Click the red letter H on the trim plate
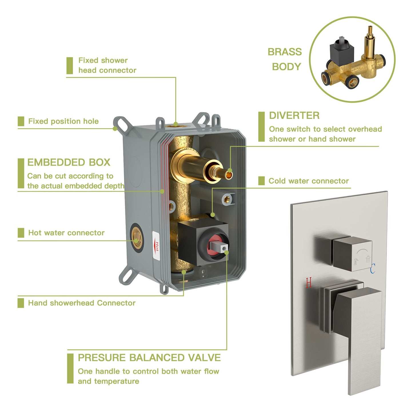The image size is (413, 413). tap(309, 282)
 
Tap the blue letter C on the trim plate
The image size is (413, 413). tap(373, 269)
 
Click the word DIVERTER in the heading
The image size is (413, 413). tap(294, 115)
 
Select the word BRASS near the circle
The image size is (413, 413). tap(285, 52)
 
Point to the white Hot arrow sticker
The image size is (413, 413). tap(156, 246)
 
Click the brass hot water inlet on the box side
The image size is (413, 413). tap(136, 238)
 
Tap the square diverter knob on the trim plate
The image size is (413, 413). tap(352, 254)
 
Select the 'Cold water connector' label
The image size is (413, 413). tap(309, 181)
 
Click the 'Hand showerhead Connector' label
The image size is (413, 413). tap(82, 303)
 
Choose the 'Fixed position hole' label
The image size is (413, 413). tap(63, 121)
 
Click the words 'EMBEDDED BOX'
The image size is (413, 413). tap(69, 162)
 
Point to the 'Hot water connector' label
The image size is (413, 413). tap(66, 233)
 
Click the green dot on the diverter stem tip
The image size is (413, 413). tap(230, 171)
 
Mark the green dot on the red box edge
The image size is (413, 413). tap(162, 191)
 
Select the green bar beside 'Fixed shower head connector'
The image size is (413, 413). tap(70, 65)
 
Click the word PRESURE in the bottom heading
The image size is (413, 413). tap(101, 358)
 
